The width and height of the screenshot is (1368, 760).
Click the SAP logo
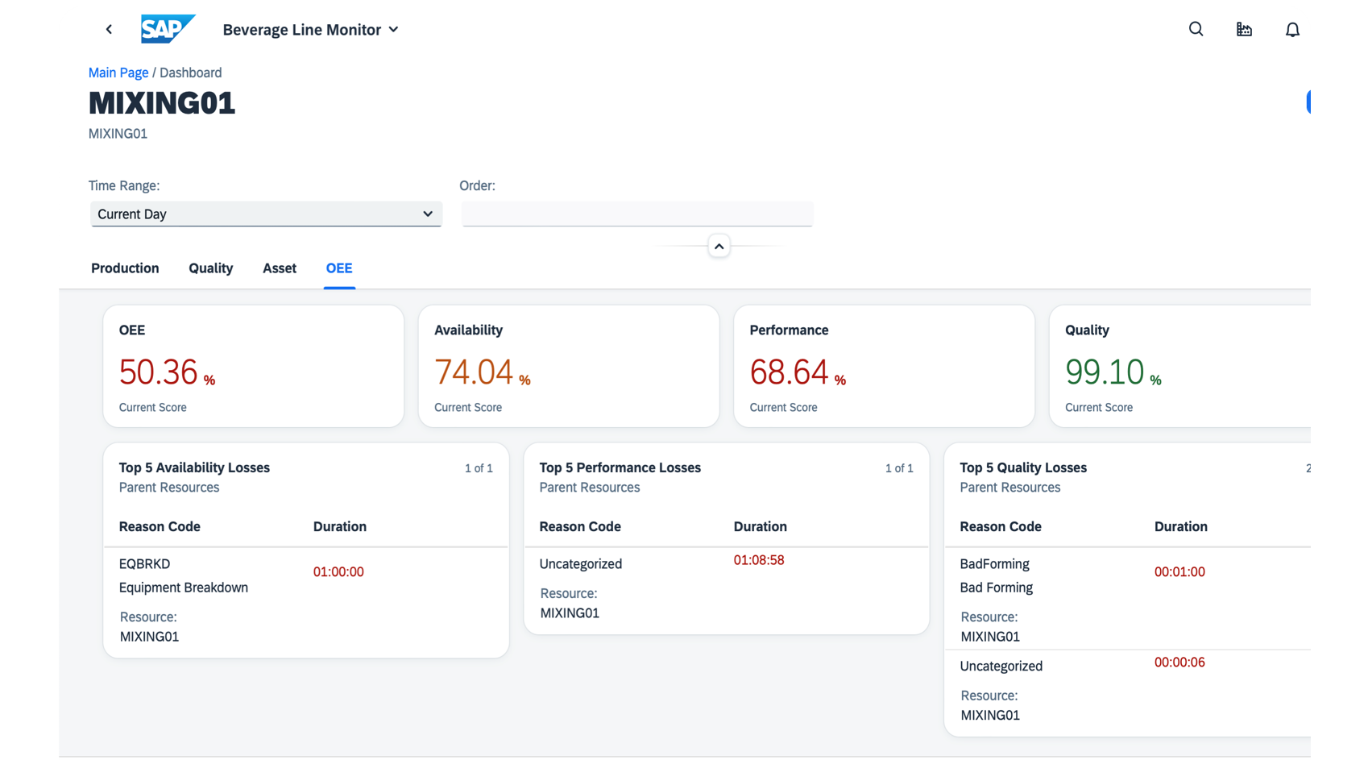(167, 29)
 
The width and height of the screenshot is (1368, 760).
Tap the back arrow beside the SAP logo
(110, 30)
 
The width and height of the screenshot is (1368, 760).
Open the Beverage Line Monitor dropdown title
(310, 30)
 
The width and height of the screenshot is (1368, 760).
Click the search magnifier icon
(1196, 29)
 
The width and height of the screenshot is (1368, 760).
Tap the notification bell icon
(1292, 30)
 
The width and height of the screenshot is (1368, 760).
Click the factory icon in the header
(1244, 30)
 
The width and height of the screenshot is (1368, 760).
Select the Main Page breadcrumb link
(118, 73)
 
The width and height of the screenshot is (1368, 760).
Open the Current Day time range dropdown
(266, 214)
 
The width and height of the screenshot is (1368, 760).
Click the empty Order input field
(636, 214)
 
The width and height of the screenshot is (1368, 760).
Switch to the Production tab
(125, 268)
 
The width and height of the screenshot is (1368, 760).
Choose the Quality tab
(210, 268)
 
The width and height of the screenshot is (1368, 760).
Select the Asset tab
(280, 268)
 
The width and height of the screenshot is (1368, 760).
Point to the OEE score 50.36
(159, 372)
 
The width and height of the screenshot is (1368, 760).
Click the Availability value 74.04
(474, 372)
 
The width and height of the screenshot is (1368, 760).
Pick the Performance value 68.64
(789, 372)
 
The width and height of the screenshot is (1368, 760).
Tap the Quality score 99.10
(1105, 372)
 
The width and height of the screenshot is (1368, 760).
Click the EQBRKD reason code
(144, 564)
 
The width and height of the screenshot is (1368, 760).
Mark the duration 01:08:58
(758, 560)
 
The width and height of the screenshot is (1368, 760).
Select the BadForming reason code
(994, 564)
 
